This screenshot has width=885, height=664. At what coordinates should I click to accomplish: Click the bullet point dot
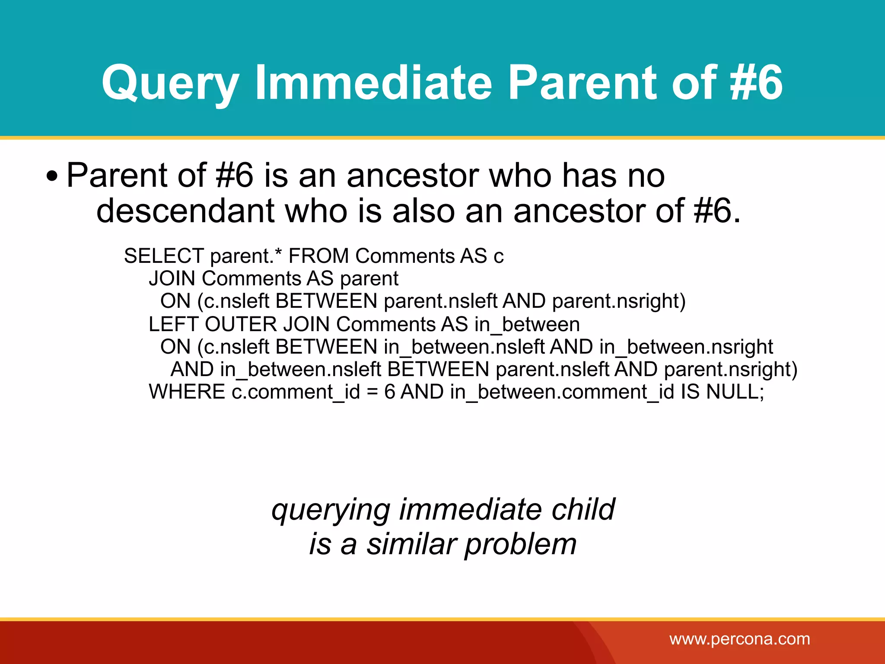52,177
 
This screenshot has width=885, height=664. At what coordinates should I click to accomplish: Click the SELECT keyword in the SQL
163,256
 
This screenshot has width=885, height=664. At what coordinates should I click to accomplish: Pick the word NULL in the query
735,392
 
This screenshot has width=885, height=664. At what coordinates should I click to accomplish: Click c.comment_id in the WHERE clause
296,392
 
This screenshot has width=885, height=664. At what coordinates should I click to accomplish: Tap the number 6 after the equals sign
389,392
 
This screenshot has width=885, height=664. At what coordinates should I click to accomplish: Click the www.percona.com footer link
739,639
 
